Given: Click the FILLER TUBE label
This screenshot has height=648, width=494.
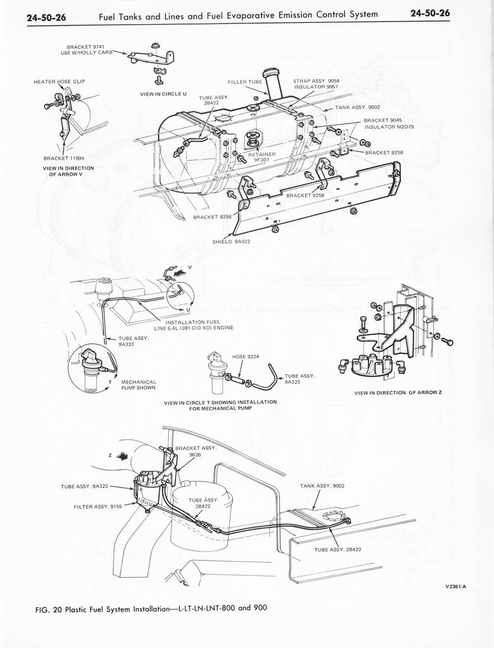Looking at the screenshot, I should (244, 82).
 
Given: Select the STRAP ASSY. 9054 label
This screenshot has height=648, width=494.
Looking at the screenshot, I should (316, 81).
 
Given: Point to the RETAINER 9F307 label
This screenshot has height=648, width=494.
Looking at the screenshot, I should (262, 156).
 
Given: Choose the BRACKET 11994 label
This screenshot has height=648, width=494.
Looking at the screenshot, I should (63, 158).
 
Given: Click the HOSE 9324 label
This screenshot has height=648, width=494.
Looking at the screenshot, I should (247, 356).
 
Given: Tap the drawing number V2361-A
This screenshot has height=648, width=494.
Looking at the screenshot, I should (455, 586).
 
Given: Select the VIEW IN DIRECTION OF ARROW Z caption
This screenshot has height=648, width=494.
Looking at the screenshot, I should (398, 393).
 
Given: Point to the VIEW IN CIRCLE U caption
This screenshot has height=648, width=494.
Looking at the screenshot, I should (163, 94).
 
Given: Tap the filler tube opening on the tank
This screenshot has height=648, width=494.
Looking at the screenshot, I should (272, 72).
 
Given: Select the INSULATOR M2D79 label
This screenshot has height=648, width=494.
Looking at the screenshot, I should (389, 127).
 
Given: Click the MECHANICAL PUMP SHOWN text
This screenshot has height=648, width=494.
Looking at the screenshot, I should (139, 384).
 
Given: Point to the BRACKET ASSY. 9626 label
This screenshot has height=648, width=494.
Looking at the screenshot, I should (196, 450).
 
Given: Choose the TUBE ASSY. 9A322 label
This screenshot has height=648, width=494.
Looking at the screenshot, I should (85, 486).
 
